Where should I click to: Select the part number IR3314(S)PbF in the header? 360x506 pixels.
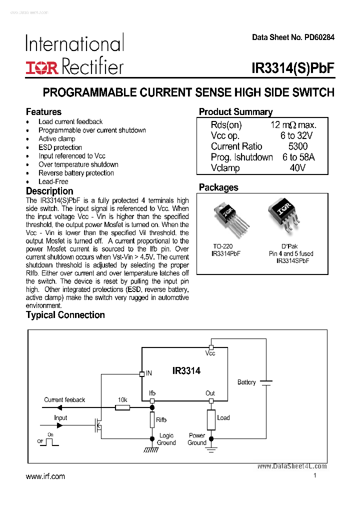293,68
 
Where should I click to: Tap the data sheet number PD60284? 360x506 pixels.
293,37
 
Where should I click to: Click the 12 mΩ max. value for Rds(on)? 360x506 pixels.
293,125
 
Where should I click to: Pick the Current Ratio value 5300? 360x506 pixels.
297,146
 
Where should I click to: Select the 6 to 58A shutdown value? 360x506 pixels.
298,157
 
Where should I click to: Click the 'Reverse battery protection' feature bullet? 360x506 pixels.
76,173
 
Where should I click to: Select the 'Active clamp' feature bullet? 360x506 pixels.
57,139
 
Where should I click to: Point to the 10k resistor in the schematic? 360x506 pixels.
122,408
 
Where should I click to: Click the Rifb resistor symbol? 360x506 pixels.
152,420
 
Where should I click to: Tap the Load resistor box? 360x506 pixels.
210,419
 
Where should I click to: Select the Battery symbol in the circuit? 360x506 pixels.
266,382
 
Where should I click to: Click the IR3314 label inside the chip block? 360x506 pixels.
186,370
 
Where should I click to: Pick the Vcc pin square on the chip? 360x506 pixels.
211,347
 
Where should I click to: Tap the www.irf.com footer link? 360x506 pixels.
45,476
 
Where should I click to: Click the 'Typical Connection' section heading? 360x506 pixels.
65,315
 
